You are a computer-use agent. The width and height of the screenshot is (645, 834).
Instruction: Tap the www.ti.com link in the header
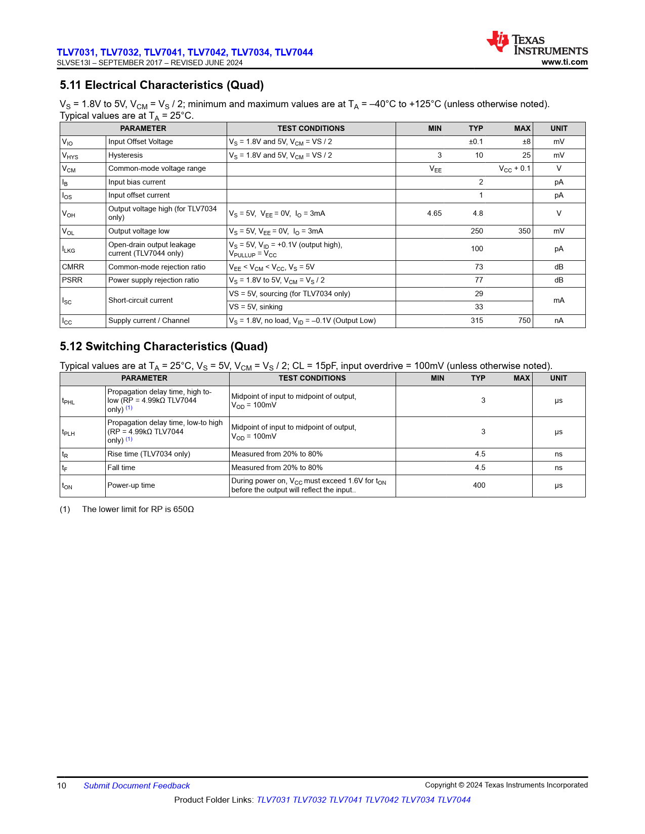tap(564, 62)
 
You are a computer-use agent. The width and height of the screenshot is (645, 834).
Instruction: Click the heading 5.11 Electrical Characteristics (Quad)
tap(161, 85)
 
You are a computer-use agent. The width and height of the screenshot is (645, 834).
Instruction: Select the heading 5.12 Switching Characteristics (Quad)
tap(163, 346)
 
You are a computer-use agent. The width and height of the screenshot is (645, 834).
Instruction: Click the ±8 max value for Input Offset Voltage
tap(526, 142)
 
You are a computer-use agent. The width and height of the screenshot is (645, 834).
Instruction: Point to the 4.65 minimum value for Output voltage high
tap(434, 213)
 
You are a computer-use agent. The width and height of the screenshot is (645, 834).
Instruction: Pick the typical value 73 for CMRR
tap(479, 267)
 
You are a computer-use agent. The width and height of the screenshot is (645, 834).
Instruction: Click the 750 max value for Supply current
tap(524, 320)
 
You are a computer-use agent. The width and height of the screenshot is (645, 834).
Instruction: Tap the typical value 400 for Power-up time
tap(479, 485)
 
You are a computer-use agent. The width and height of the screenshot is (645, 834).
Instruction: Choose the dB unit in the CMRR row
tap(558, 267)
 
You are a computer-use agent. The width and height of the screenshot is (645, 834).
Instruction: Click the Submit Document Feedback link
tap(137, 785)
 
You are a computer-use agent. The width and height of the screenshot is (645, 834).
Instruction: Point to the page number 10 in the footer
tap(62, 785)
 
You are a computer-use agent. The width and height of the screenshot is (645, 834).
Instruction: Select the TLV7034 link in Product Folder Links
tap(417, 800)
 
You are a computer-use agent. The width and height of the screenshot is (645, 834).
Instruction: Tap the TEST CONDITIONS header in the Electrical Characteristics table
tap(311, 128)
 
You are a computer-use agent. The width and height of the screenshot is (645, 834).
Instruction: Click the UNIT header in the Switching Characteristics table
tap(558, 378)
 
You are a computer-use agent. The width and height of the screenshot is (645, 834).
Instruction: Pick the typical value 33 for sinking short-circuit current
tap(479, 307)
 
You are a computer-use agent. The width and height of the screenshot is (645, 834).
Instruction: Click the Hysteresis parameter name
tap(125, 155)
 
